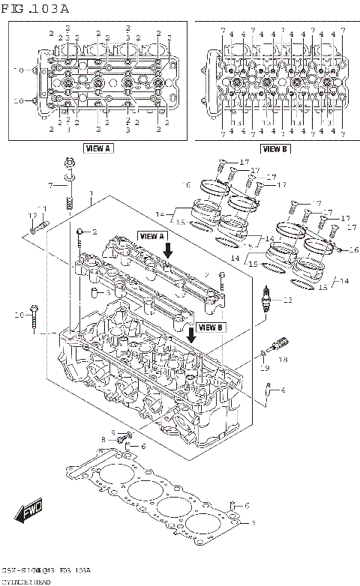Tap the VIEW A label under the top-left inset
click(97, 148)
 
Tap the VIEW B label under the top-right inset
click(274, 148)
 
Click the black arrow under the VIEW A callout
click(168, 249)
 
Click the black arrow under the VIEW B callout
click(193, 335)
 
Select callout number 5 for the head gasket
click(253, 522)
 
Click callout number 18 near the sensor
click(283, 360)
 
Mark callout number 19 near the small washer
click(264, 368)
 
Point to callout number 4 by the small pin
click(283, 390)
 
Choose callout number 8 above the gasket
click(103, 439)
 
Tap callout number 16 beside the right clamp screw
click(355, 250)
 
